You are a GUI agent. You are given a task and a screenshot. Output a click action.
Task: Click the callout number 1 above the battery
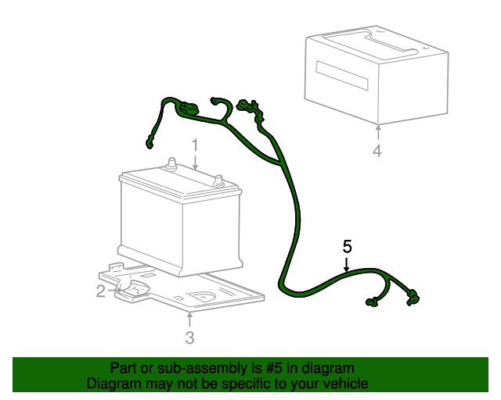pyautogui.click(x=196, y=145)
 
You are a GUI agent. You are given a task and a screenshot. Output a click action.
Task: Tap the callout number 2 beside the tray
pyautogui.click(x=100, y=291)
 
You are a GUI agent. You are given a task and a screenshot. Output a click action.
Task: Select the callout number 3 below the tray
pyautogui.click(x=189, y=337)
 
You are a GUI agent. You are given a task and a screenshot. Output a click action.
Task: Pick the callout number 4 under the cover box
pyautogui.click(x=377, y=150)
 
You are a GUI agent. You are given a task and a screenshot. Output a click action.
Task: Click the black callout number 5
pyautogui.click(x=347, y=246)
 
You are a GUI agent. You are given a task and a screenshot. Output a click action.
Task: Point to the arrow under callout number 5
pyautogui.click(x=347, y=264)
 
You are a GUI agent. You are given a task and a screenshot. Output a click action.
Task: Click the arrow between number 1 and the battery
pyautogui.click(x=196, y=162)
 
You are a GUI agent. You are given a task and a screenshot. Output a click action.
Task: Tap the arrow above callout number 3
pyautogui.click(x=189, y=319)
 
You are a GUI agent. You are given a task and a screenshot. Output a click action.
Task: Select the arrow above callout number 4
pyautogui.click(x=377, y=130)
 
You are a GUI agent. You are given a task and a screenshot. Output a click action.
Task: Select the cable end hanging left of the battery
pyautogui.click(x=149, y=142)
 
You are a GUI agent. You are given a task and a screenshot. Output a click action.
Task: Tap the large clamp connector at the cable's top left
pyautogui.click(x=188, y=108)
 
